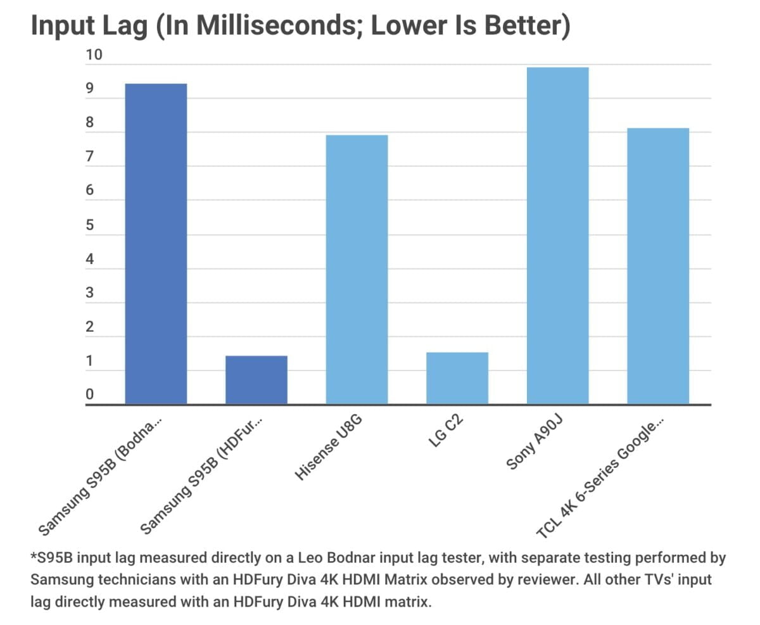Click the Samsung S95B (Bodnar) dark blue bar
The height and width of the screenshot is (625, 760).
coord(156,244)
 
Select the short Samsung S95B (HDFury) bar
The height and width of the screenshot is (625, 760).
coord(256,380)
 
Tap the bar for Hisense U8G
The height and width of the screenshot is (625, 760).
coord(357,269)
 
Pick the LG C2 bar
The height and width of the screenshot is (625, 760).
coord(457,378)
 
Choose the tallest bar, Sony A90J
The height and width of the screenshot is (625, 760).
coord(557,236)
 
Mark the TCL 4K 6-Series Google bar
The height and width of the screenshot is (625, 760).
coord(658,266)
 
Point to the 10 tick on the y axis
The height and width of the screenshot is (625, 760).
coord(94,55)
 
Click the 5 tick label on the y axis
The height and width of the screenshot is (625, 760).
coord(90,225)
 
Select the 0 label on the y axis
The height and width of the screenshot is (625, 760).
coord(90,395)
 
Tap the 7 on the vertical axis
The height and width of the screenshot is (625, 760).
coord(90,157)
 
